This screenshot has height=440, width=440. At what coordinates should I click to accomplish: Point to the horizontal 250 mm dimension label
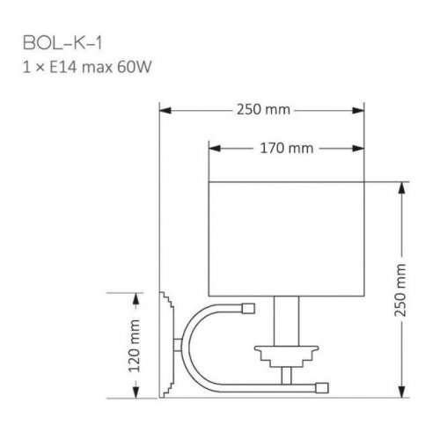pos(263,111)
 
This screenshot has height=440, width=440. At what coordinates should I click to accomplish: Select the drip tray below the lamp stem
pos(286,355)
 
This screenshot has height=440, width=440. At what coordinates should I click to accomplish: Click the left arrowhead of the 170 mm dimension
pos(212,147)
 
